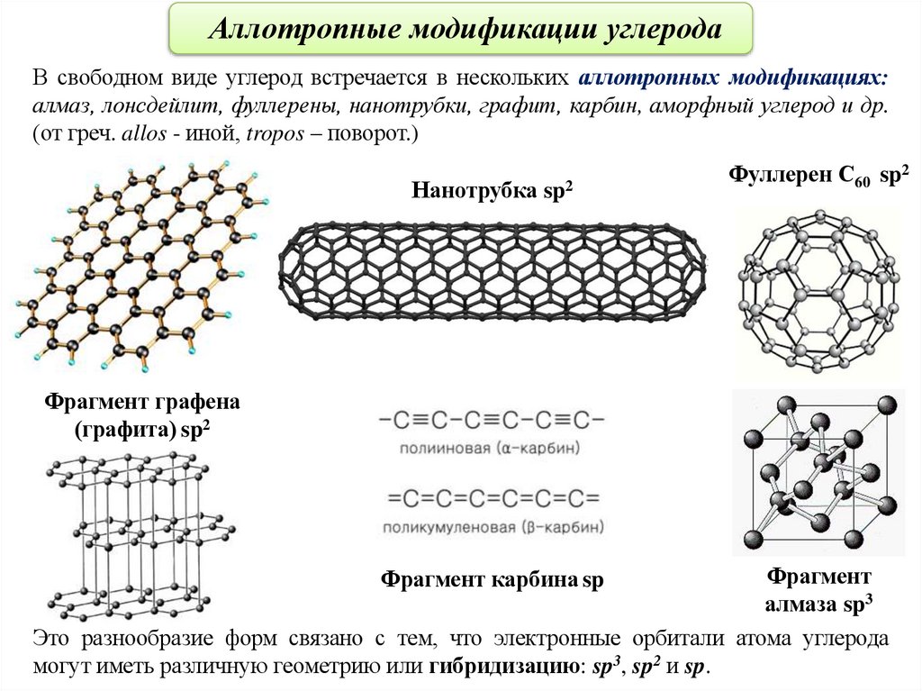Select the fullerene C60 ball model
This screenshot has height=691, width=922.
click(x=816, y=291)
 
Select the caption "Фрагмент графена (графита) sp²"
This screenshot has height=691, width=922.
click(x=143, y=415)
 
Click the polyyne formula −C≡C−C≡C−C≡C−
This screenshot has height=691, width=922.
click(x=492, y=421)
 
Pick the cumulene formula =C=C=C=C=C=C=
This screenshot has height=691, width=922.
click(x=492, y=498)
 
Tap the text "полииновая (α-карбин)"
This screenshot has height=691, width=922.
click(x=492, y=447)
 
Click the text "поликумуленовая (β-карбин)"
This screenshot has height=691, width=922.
click(x=492, y=526)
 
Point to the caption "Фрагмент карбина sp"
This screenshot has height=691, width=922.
click(x=492, y=581)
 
